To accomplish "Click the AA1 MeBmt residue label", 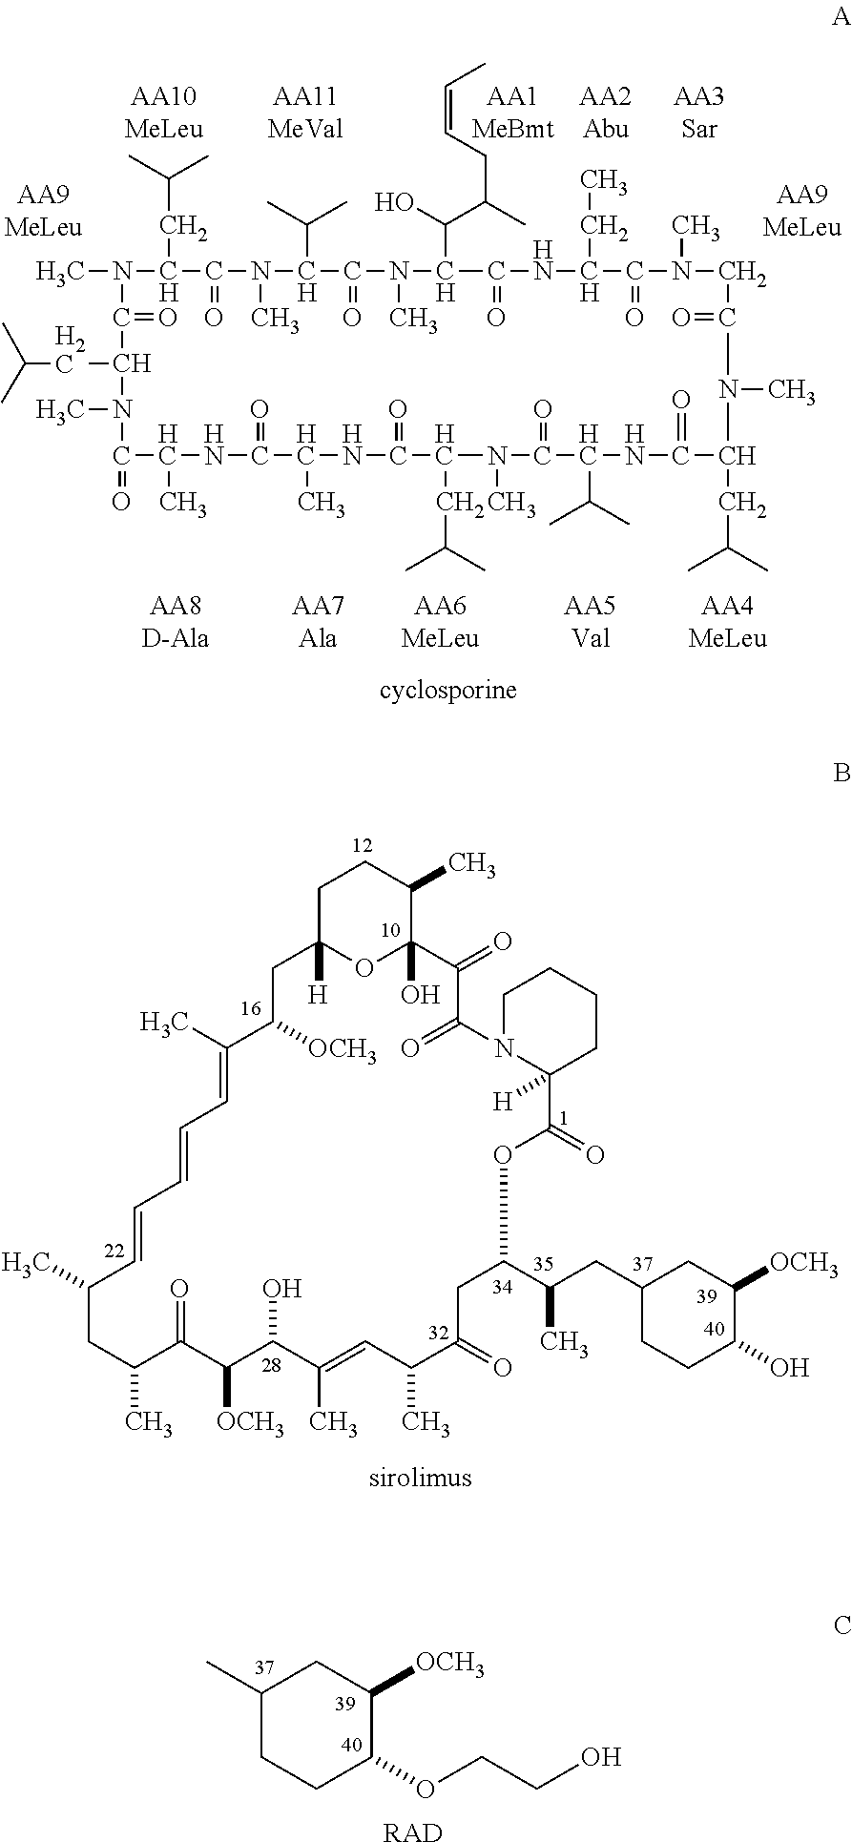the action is (512, 113).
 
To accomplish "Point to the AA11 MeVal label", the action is (304, 113).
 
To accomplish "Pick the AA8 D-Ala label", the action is (176, 622).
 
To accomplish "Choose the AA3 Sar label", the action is (698, 113).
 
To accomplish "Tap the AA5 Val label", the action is (590, 622).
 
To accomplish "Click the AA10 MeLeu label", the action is (163, 113).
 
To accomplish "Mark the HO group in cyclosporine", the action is (392, 202).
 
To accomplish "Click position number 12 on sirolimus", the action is (362, 845).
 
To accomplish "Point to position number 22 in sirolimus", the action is (114, 1252).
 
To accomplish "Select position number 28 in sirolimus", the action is (271, 1365).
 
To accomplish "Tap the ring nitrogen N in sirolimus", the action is (505, 1050).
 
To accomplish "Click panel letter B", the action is (841, 773).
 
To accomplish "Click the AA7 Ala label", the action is (317, 622).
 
